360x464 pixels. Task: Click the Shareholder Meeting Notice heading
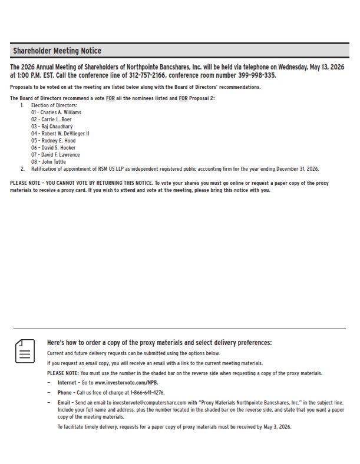pos(57,51)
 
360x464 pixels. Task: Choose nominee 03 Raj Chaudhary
pos(52,126)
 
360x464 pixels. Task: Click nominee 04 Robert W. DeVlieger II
pos(60,134)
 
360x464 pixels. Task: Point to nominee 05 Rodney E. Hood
pos(53,141)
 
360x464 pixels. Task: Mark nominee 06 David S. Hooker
pos(55,148)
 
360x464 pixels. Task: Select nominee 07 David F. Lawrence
pos(56,155)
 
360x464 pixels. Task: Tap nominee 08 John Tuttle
pos(49,162)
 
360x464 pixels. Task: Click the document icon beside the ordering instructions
pos(24,351)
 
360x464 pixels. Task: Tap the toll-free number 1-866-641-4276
pos(141,392)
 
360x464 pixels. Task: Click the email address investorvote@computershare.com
pos(140,402)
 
